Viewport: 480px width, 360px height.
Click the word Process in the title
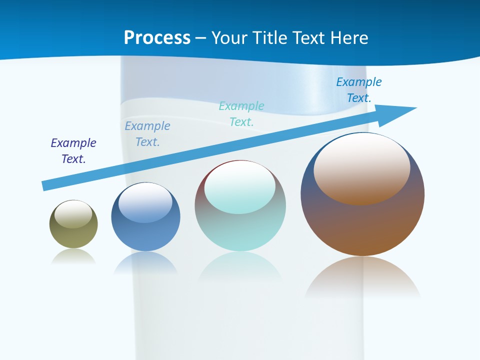pos(157,37)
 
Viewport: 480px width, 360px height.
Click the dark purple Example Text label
pos(73,151)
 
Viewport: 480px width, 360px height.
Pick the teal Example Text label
pos(241,114)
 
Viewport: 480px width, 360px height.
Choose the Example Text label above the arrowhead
pos(358,90)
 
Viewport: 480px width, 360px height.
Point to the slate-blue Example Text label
pos(147,134)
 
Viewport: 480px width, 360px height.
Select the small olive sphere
pos(73,235)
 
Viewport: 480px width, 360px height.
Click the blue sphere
pos(145,235)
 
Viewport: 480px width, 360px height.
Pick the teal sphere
pos(240,230)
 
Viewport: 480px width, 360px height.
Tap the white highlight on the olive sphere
pos(73,214)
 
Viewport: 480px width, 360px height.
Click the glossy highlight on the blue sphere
pos(145,202)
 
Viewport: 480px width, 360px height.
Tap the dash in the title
pos(201,38)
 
